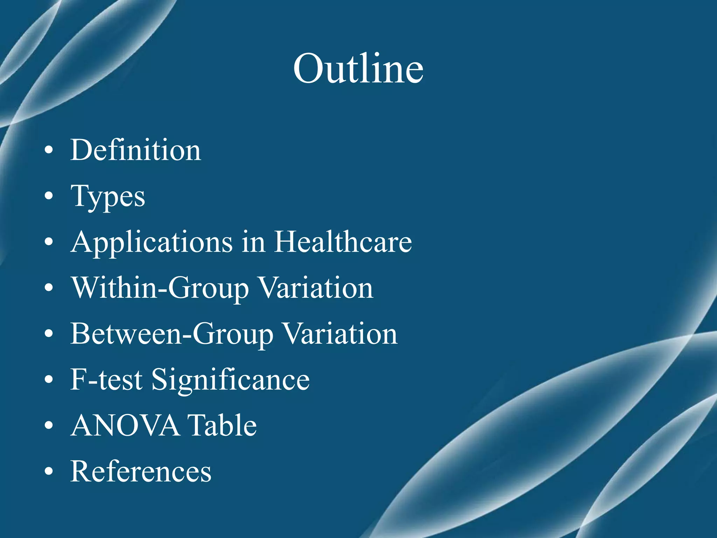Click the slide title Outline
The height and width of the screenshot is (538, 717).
pos(358,69)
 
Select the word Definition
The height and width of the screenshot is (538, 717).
pos(136,150)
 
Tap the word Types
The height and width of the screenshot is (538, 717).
pos(108,197)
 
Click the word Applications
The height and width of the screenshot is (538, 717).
pos(151,242)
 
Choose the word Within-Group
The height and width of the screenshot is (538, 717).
pos(160,288)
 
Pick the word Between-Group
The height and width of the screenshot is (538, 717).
pos(172,334)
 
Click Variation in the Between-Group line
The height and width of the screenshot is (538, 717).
pos(340,334)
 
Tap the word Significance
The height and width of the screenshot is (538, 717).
pos(231,380)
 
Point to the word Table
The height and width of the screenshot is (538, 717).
pos(222,426)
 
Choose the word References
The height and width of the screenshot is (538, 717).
pos(141,471)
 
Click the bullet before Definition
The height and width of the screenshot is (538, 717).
pos(49,151)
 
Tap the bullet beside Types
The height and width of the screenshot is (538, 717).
pos(49,196)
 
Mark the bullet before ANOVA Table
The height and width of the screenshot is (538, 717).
pos(49,426)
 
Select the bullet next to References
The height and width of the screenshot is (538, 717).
pos(49,472)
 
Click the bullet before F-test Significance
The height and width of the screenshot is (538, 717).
pos(49,380)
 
